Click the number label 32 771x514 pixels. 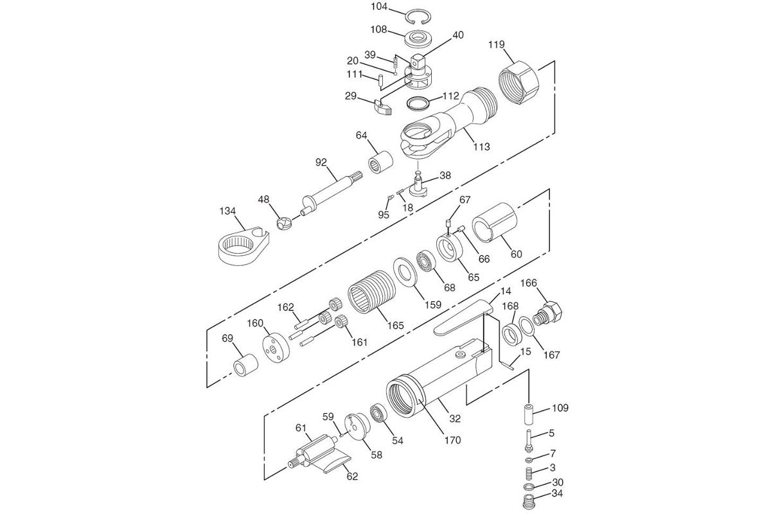point(455,419)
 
